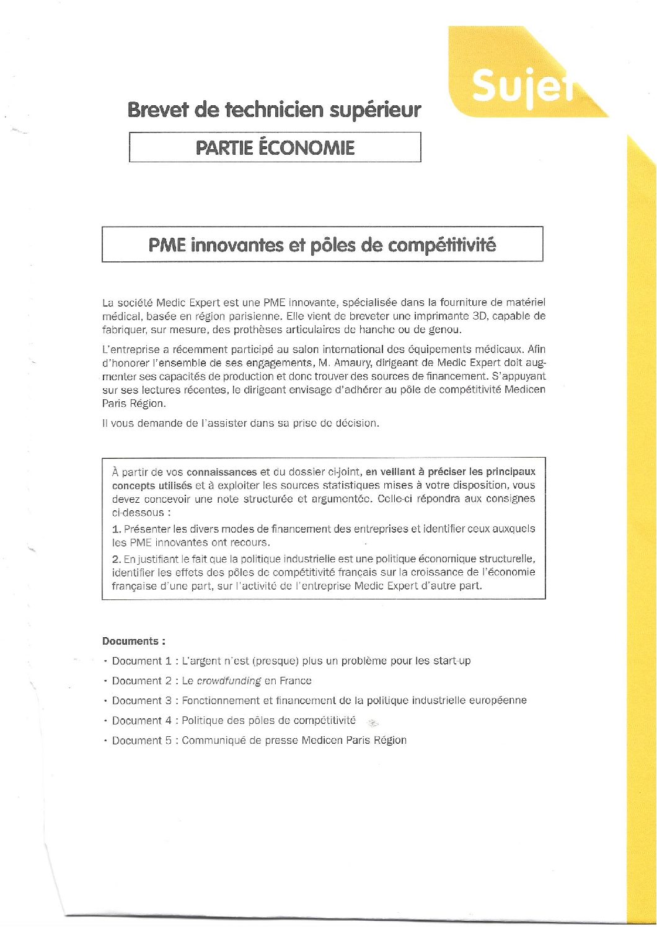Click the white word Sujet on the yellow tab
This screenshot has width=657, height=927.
point(522,85)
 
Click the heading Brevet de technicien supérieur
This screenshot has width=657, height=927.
point(274,110)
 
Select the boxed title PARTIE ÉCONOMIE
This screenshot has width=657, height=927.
point(275,148)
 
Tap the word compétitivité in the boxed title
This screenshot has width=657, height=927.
point(442,245)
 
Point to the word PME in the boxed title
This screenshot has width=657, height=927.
point(167,245)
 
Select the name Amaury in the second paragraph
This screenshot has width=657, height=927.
point(352,363)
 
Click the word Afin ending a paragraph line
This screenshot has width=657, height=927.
point(537,349)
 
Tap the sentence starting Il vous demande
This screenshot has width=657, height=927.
point(240,424)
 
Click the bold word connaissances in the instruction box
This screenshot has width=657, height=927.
point(221,472)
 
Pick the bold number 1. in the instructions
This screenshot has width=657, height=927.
point(117,529)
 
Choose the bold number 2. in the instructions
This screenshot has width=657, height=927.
point(117,559)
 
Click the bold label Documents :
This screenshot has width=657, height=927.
point(134,642)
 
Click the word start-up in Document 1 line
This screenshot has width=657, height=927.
point(452,661)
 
